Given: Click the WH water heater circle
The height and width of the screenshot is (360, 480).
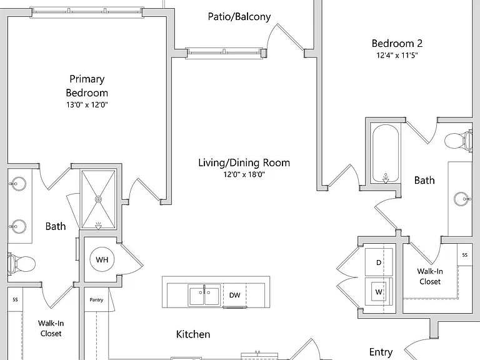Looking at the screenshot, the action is (x=102, y=259).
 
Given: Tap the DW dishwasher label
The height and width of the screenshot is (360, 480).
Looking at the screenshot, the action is (x=235, y=295).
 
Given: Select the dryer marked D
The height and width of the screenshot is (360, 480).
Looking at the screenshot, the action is (x=379, y=262).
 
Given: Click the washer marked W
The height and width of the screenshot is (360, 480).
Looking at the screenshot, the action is (x=379, y=292).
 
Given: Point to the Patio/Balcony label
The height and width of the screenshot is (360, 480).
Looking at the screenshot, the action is (x=239, y=16).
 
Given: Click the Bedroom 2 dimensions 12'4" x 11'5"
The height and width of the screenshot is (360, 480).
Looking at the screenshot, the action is (x=397, y=56).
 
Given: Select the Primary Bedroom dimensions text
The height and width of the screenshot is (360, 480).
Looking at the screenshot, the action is (x=87, y=105).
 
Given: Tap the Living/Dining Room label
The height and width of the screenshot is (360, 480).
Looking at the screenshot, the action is (x=244, y=162).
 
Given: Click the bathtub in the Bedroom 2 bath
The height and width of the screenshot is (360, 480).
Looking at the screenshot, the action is (x=386, y=153).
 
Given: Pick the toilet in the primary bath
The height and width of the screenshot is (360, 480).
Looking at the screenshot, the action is (x=21, y=263).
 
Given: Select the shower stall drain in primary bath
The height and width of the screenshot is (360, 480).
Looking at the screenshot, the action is (x=98, y=199).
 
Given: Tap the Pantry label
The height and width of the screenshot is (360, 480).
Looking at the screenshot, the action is (x=96, y=300).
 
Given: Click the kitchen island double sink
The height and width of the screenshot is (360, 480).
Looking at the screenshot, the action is (x=204, y=296).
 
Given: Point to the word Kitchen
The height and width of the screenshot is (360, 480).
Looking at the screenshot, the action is (x=193, y=334).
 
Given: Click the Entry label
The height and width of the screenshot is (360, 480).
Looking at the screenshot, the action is (x=381, y=352).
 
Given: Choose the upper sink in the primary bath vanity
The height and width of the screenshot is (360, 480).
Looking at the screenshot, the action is (x=17, y=184).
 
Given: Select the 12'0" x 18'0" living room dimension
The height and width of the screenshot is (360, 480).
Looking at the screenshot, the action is (x=244, y=174).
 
